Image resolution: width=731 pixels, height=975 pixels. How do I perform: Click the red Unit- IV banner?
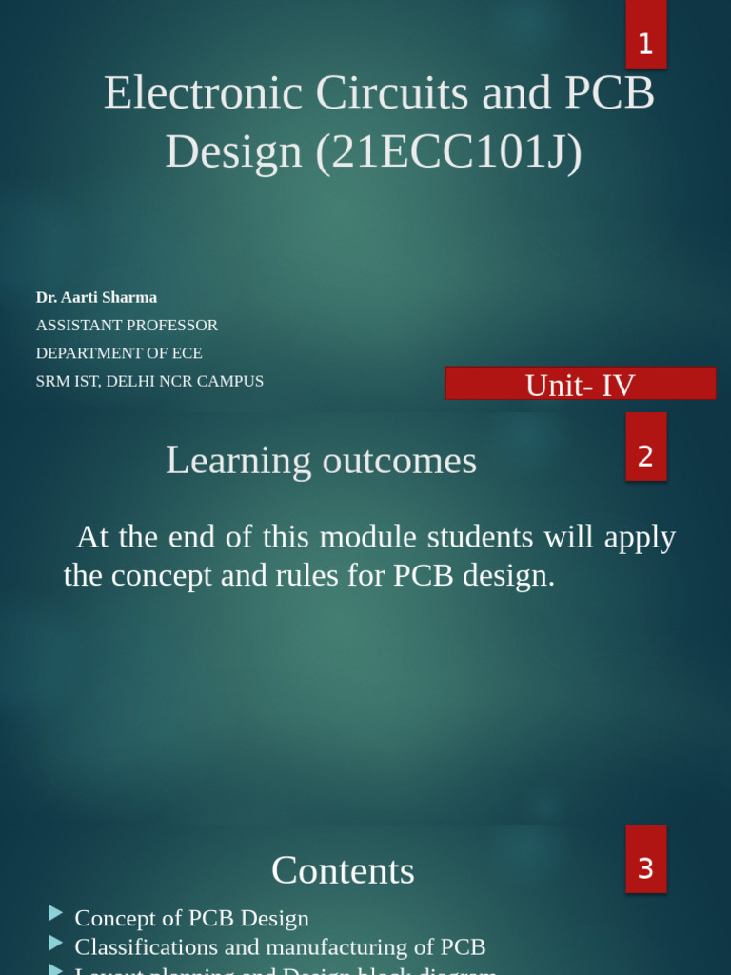click(580, 385)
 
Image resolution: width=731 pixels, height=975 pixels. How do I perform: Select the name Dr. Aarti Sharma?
click(96, 297)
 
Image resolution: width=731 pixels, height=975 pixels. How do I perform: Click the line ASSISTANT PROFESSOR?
click(127, 325)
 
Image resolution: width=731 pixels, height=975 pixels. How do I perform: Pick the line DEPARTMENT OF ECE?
click(119, 352)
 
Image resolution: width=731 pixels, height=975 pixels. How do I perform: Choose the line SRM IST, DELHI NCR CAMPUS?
click(149, 381)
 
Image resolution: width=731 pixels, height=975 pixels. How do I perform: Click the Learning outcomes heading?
click(321, 461)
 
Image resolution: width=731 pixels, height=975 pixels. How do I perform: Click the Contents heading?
click(343, 870)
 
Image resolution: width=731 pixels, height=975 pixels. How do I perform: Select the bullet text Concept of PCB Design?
click(191, 918)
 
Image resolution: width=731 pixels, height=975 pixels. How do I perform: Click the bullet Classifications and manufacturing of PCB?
click(280, 946)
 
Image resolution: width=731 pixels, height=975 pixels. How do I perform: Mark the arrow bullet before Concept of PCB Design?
click(56, 914)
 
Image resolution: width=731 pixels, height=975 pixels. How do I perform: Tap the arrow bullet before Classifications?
click(56, 943)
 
